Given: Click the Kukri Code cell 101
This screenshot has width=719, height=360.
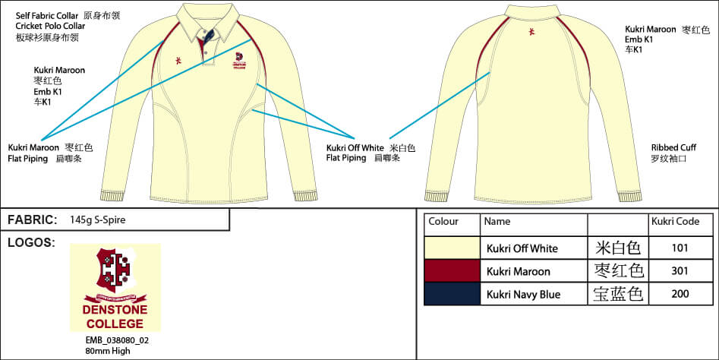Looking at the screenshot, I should [680, 248].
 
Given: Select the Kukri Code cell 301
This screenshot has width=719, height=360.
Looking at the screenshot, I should [680, 270].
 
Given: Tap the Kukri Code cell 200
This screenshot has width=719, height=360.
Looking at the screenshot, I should [680, 293].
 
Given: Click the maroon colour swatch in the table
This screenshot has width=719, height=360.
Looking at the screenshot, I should [452, 270].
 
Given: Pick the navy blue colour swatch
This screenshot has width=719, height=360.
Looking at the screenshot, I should [452, 293].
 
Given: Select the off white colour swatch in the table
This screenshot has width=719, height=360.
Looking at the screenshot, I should [452, 248].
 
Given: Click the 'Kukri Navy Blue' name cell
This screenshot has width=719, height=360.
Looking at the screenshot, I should [523, 294].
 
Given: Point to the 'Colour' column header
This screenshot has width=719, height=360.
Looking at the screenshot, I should [443, 222].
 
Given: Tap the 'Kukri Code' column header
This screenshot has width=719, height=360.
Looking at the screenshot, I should [675, 222].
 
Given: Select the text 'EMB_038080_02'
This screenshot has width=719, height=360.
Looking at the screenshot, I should [117, 340].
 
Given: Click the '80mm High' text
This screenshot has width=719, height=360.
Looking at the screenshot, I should [108, 350].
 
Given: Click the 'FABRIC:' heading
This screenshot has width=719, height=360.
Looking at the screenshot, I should [33, 220].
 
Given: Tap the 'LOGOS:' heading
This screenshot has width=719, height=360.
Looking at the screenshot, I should [31, 242].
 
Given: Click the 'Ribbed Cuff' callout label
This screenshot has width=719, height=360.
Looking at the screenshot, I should [673, 147].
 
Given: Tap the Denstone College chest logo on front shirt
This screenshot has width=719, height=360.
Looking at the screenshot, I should [239, 62].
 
